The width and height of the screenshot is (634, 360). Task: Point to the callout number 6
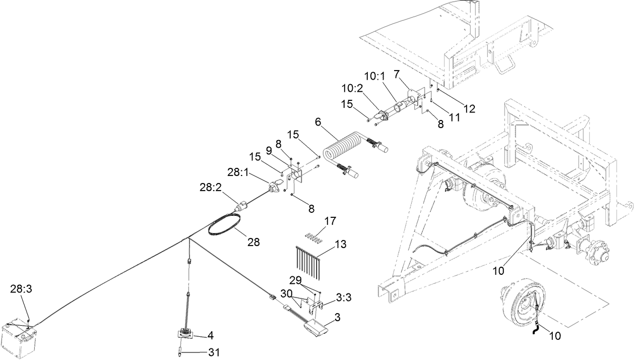[318, 122]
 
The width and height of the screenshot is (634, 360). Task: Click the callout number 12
[469, 108]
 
